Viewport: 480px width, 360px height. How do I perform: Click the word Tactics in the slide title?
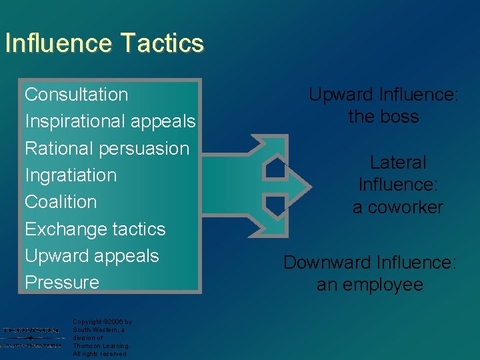point(163,43)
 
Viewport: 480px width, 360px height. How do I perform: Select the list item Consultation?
point(76,95)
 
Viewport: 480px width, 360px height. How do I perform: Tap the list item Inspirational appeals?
point(110,122)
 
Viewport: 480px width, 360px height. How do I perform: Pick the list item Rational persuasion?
point(107,149)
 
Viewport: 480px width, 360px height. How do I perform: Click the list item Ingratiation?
point(71,175)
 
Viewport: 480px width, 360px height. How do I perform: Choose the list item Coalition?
point(61,202)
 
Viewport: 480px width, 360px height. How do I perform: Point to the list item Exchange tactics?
point(95,229)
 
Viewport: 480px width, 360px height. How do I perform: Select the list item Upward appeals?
point(91,256)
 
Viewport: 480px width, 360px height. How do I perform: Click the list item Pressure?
point(61,283)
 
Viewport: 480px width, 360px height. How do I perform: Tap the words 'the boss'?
point(383,117)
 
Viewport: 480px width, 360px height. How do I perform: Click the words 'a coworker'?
point(398,207)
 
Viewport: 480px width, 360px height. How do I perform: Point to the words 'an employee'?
point(370,285)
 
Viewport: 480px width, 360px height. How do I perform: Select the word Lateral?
point(398,163)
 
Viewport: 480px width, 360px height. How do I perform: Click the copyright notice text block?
point(102,338)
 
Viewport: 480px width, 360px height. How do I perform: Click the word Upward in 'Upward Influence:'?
point(339,95)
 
